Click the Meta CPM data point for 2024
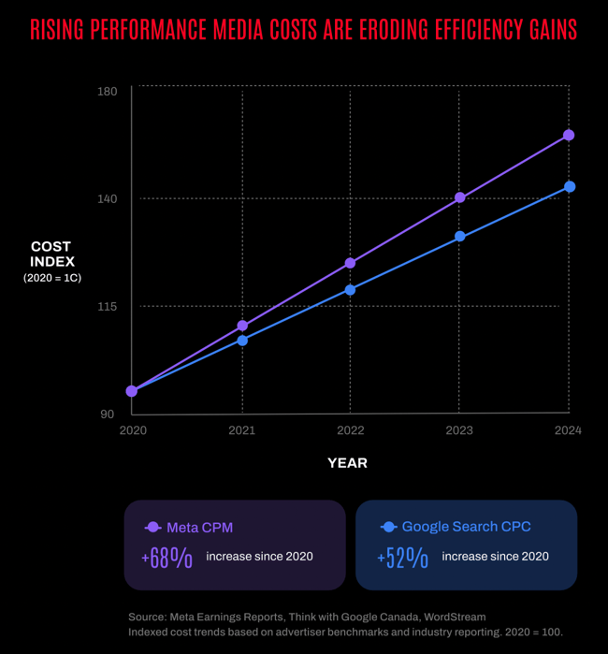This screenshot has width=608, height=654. point(568,135)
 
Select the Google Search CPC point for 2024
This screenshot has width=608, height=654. point(569,187)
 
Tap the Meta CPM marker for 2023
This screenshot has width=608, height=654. point(459,197)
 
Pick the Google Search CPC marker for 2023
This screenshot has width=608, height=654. point(459,237)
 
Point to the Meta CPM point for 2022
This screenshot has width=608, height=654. point(350,263)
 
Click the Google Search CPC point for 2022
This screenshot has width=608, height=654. point(350,290)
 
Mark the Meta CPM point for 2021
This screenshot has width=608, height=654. point(242,326)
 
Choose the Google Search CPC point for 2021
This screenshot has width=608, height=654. point(242,341)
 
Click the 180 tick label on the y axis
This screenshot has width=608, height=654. point(107,91)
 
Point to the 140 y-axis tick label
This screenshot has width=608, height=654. point(107,198)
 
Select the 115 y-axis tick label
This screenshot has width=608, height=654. point(107,306)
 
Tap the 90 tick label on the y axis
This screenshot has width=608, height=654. point(108,414)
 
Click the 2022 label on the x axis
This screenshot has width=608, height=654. point(350,430)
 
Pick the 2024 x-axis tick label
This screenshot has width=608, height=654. point(567,430)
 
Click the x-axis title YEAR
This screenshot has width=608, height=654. point(347,463)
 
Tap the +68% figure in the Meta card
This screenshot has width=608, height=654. point(167,558)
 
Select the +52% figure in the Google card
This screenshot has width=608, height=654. point(403,558)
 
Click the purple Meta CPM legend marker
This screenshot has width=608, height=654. point(153,528)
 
